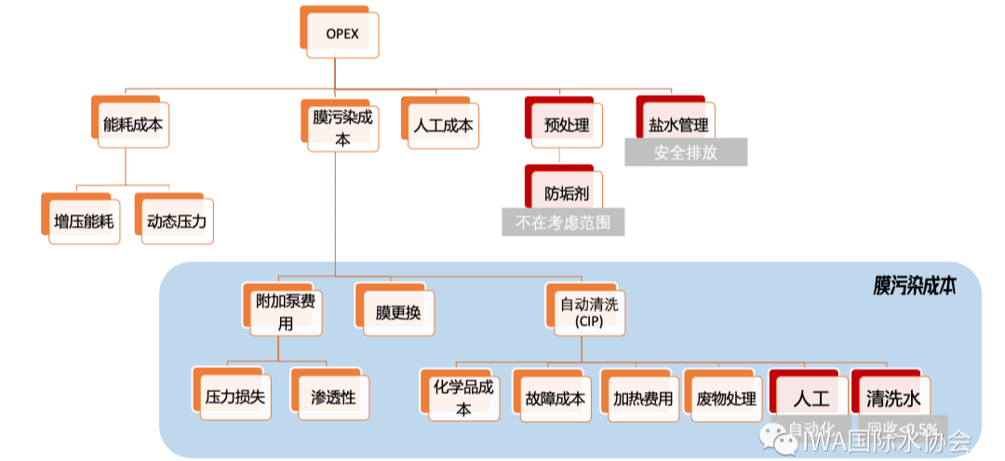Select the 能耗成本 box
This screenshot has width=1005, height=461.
[x=135, y=122]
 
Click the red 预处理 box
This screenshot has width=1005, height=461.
[x=566, y=124]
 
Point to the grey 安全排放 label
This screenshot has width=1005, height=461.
[x=686, y=153]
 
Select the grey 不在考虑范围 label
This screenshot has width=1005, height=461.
[x=563, y=223]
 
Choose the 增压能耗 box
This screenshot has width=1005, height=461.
[x=83, y=222]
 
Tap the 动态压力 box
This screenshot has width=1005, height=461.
[x=176, y=222]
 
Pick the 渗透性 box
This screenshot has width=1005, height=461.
[x=333, y=397]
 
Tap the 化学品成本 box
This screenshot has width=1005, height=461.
[x=462, y=397]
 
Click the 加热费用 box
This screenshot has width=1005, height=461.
[x=641, y=398]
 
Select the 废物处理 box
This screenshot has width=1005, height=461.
[x=725, y=398]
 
